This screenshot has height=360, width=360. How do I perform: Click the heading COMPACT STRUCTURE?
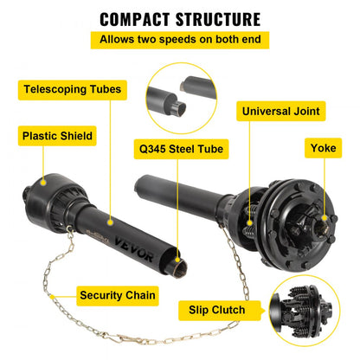pyautogui.click(x=179, y=17)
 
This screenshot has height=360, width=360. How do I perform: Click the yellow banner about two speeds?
pyautogui.click(x=179, y=40)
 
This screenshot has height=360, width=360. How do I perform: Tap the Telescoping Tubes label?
pyautogui.click(x=74, y=89)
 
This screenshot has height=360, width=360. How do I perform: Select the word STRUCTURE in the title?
pyautogui.click(x=216, y=17)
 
